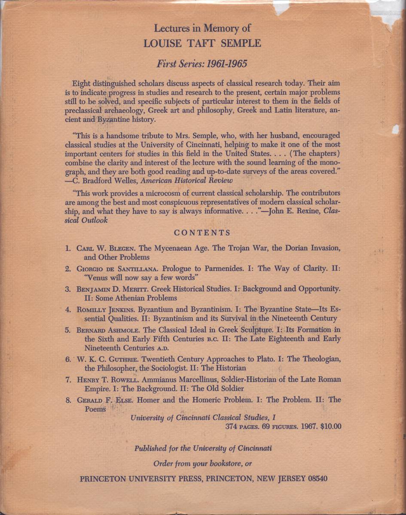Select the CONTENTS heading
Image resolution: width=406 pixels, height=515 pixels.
(202, 233)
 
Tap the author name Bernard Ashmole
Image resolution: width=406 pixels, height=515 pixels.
(110, 330)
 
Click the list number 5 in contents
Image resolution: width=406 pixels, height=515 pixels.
(67, 330)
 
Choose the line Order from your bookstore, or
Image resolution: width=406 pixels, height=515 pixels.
(202, 463)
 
